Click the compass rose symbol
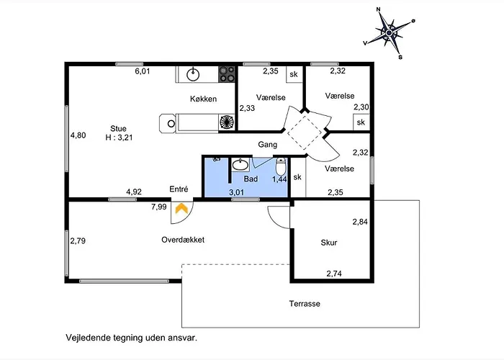tap(390, 32)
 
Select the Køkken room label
tap(204, 99)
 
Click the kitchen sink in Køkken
tap(193, 73)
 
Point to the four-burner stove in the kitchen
tap(227, 73)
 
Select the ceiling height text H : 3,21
tap(120, 138)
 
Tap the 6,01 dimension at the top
tap(143, 71)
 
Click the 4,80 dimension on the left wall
tap(78, 135)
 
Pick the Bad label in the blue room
tap(251, 178)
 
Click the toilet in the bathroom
tap(281, 164)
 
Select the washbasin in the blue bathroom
tap(240, 164)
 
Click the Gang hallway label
tap(268, 144)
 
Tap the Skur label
tap(329, 243)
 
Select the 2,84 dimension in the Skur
tap(359, 222)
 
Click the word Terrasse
tap(305, 304)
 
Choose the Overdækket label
tap(183, 240)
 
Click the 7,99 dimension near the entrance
tap(158, 207)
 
